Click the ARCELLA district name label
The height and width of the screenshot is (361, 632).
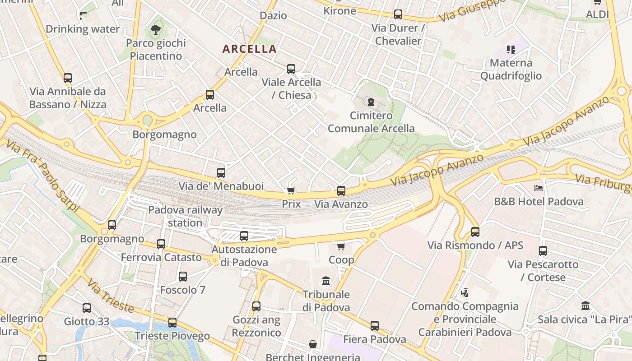(249, 49)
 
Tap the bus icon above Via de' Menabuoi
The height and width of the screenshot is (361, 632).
(221, 172)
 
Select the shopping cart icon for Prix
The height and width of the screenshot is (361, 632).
(291, 190)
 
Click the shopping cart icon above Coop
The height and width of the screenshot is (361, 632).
(341, 246)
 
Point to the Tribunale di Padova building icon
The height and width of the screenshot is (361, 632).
(326, 281)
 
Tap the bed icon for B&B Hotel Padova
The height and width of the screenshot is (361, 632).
(538, 188)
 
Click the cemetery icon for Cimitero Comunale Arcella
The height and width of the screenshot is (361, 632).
(371, 102)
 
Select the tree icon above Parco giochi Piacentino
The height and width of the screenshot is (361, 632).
(156, 30)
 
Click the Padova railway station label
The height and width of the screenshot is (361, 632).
(185, 216)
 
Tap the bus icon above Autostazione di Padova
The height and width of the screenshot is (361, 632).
(244, 236)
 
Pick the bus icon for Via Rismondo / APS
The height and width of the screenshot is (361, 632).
(475, 232)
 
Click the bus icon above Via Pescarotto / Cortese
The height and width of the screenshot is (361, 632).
(543, 251)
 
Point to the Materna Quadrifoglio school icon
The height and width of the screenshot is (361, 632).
(511, 49)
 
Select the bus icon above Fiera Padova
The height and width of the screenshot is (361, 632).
(375, 326)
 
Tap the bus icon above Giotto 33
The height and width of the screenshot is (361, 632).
(87, 308)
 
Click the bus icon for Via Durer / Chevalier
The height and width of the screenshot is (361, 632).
(398, 14)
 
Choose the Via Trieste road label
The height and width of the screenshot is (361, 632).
(111, 296)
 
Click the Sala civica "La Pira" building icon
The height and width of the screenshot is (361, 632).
(586, 306)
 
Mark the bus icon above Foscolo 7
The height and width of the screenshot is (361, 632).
(183, 277)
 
